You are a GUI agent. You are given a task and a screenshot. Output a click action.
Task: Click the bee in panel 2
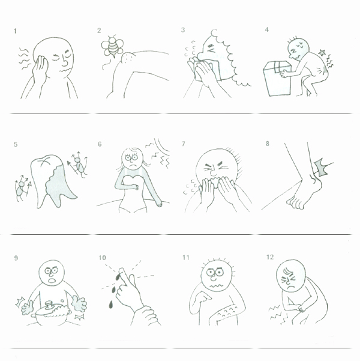112,46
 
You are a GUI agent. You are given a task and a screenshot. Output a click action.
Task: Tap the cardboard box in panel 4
277,79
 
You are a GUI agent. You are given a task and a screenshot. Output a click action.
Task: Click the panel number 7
184,144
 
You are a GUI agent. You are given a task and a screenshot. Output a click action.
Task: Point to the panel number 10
102,258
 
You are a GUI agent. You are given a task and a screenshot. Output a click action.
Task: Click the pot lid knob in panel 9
49,305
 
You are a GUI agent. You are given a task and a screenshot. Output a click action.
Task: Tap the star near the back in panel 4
322,53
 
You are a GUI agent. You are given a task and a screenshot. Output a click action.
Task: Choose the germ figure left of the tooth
22,187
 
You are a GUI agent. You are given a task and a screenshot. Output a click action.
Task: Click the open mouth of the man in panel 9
52,281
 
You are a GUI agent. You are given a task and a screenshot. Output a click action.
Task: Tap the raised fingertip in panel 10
122,270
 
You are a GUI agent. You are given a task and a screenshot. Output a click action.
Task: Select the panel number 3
183,30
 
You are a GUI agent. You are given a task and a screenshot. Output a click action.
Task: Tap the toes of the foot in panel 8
295,203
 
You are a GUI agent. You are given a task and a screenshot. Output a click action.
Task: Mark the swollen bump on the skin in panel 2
127,59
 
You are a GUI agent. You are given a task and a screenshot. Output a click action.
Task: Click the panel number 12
270,257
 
